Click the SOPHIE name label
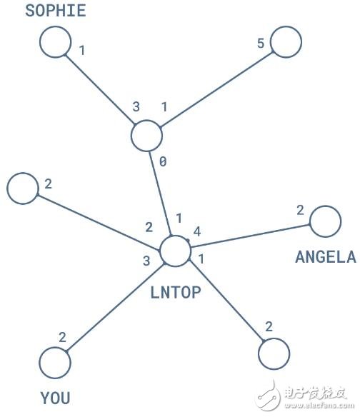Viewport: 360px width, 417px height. (56, 11)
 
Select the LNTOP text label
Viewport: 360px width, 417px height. (176, 293)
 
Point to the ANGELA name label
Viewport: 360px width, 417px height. (326, 257)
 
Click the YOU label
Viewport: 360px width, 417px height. (55, 398)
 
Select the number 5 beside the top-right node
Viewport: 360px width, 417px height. (261, 43)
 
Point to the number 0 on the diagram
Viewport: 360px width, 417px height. (163, 161)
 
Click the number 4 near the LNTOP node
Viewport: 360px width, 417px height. (197, 231)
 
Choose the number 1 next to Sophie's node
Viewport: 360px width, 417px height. (82, 50)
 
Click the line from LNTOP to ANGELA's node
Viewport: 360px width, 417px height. (250, 236)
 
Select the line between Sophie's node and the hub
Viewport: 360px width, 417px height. (100, 90)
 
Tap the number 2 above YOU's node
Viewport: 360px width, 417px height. (62, 338)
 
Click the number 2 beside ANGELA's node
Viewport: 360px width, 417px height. (300, 210)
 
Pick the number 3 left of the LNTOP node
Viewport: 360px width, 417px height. (146, 261)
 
